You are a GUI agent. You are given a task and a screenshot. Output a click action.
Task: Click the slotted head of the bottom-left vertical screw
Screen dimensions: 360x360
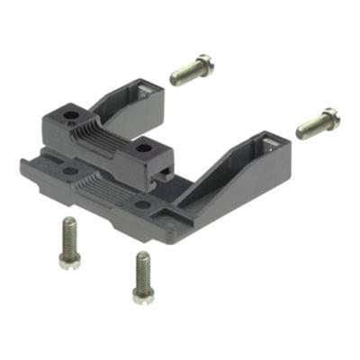68,260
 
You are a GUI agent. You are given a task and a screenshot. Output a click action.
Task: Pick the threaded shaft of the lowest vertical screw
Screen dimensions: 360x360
141,266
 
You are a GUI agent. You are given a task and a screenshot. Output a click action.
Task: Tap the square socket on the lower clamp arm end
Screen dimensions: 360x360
270,143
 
